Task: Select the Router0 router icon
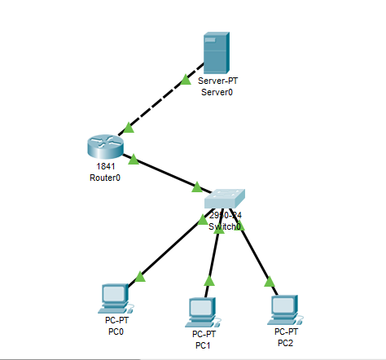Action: (x=105, y=147)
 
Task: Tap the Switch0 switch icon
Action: (x=224, y=198)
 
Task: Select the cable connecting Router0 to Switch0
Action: (x=167, y=173)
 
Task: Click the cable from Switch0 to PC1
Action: (x=213, y=256)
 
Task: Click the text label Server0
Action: (x=217, y=92)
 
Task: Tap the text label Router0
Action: (x=106, y=177)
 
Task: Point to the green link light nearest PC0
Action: (x=139, y=277)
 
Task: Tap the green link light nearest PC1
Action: (x=208, y=281)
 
